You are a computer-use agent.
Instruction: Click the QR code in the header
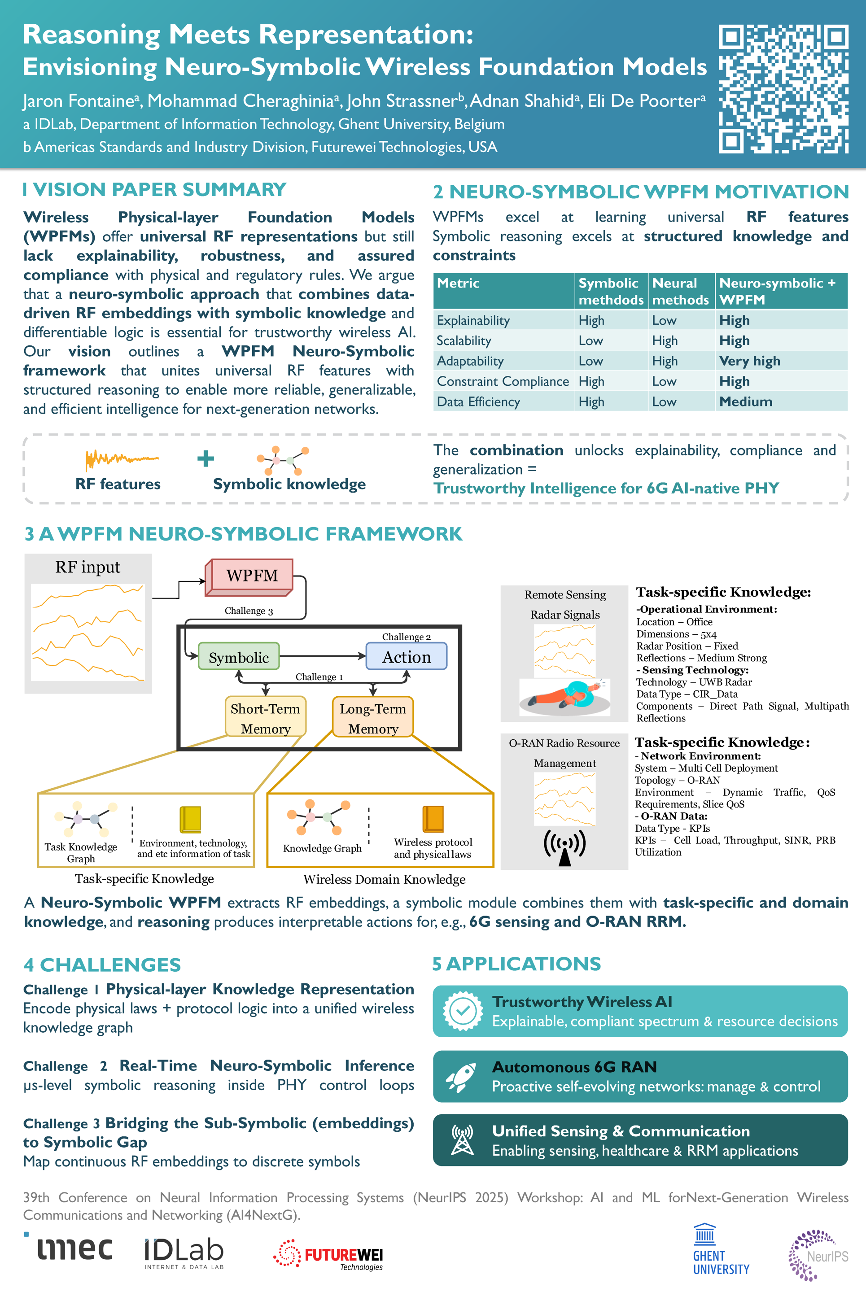tap(783, 88)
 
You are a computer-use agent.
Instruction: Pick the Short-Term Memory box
tap(265, 718)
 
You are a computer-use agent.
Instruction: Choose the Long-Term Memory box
tap(373, 718)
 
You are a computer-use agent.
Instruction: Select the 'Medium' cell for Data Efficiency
tap(746, 402)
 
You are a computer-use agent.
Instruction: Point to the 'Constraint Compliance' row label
tap(503, 381)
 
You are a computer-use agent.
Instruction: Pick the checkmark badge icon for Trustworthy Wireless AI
tap(462, 1012)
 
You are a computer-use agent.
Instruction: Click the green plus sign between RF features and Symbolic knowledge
tap(206, 458)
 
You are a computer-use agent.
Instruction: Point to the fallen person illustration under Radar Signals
tap(564, 696)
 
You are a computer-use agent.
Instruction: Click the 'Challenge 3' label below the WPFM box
tap(249, 611)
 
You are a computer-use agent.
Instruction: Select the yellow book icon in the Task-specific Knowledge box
tap(190, 819)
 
